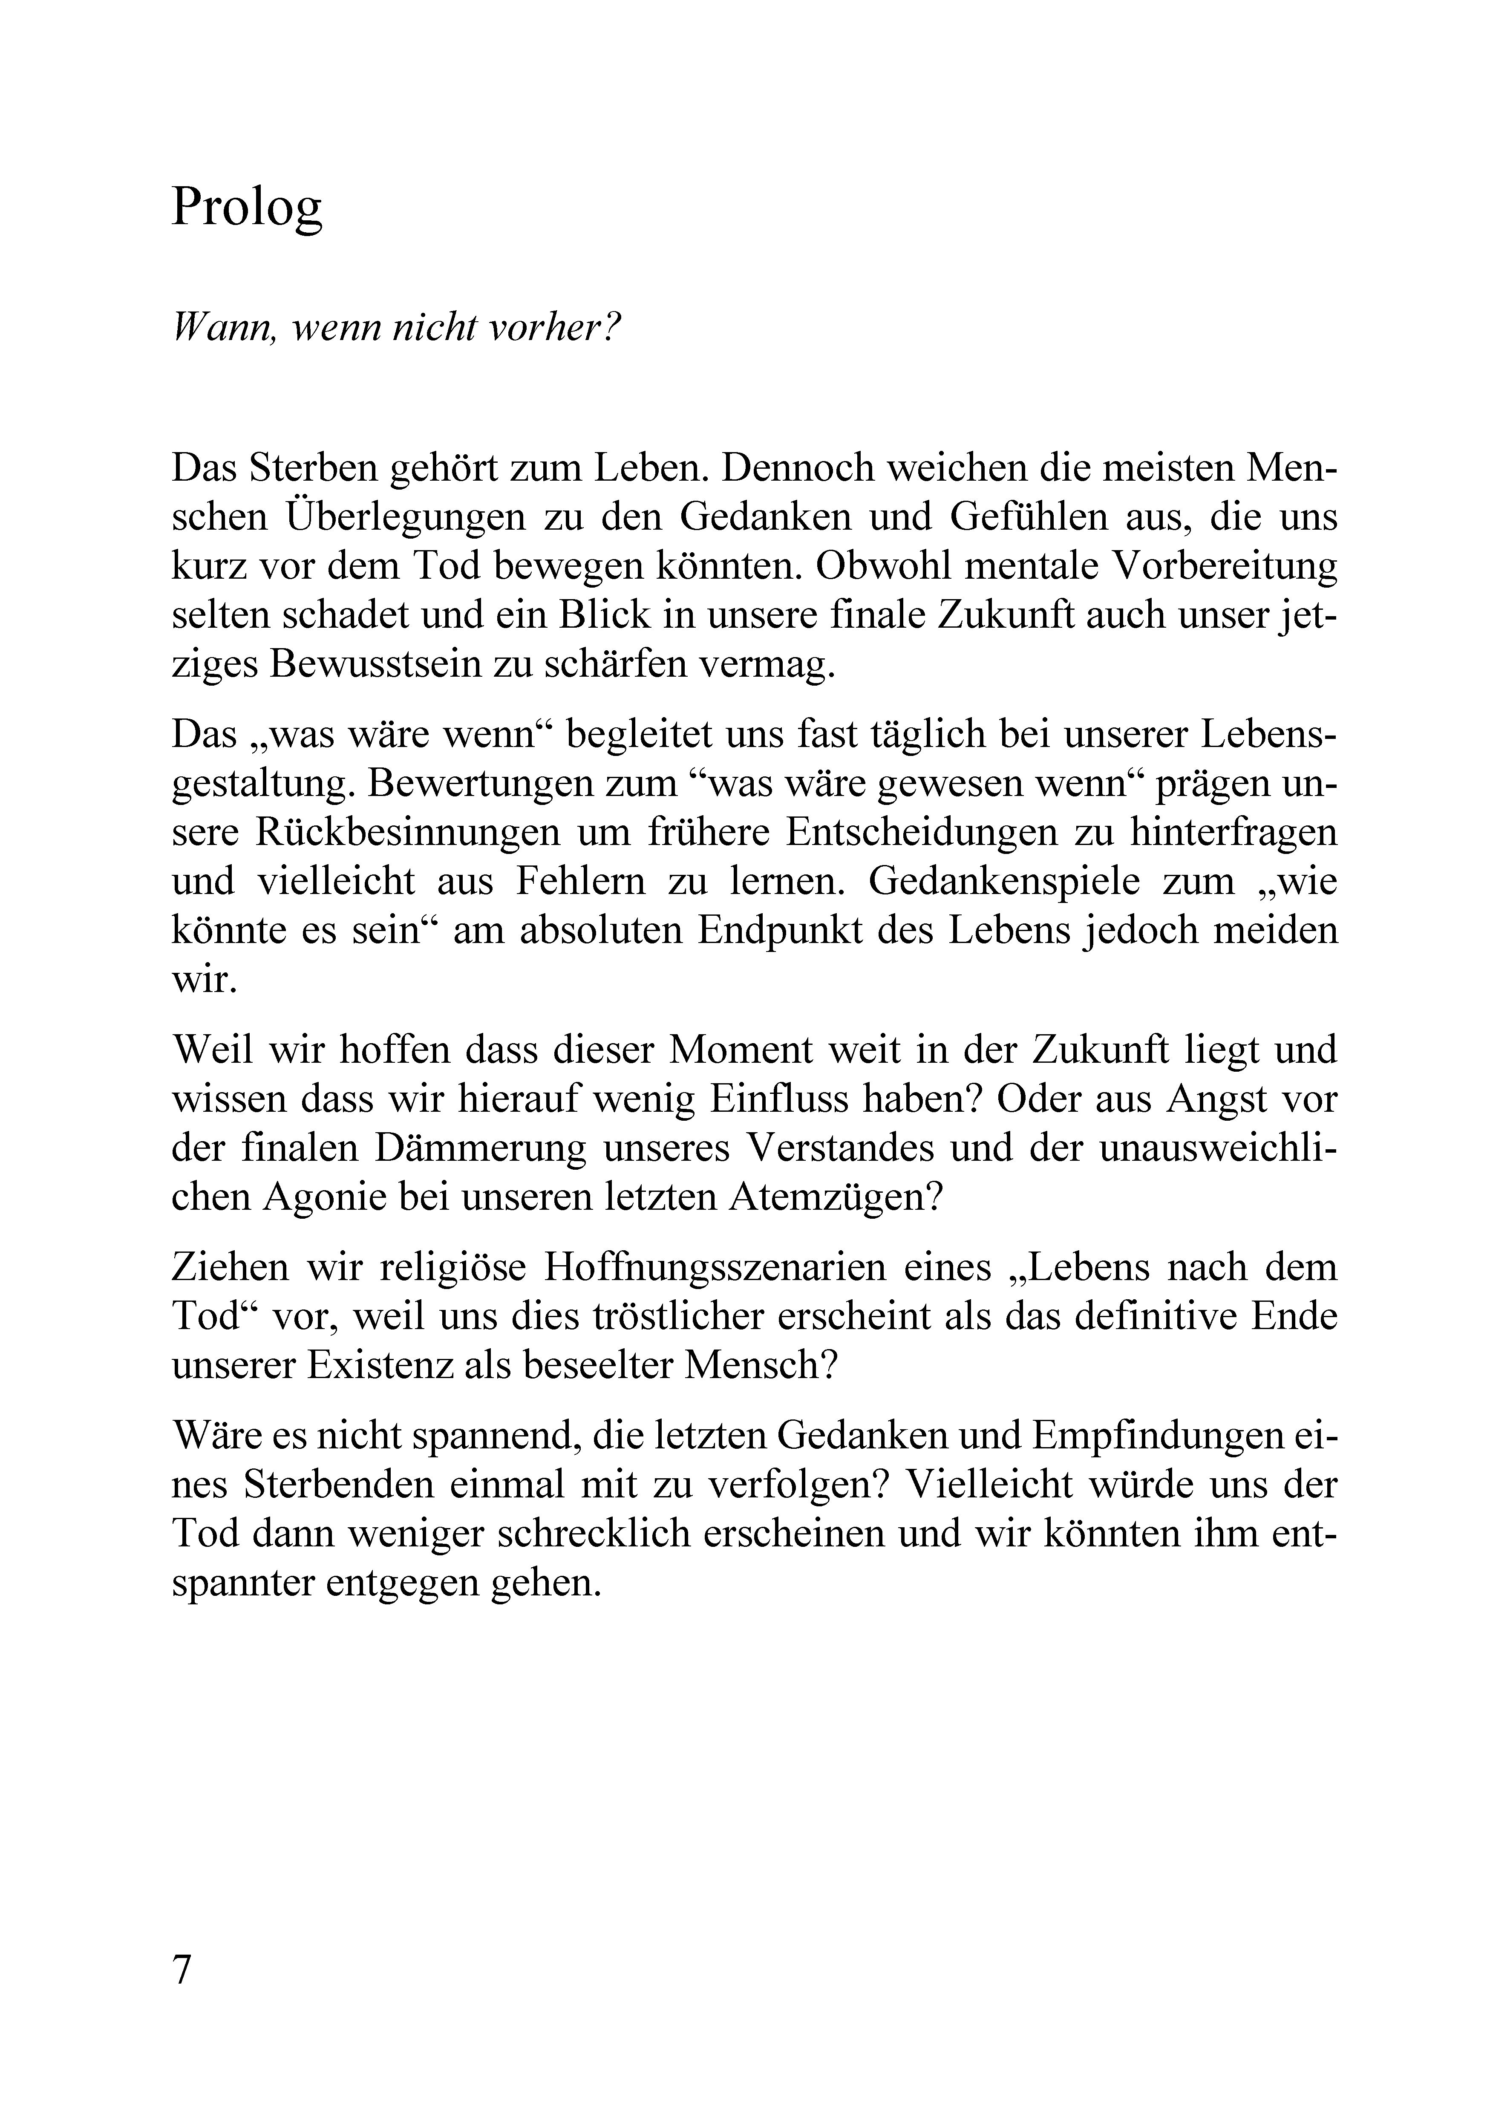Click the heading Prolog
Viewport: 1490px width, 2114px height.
(247, 209)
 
